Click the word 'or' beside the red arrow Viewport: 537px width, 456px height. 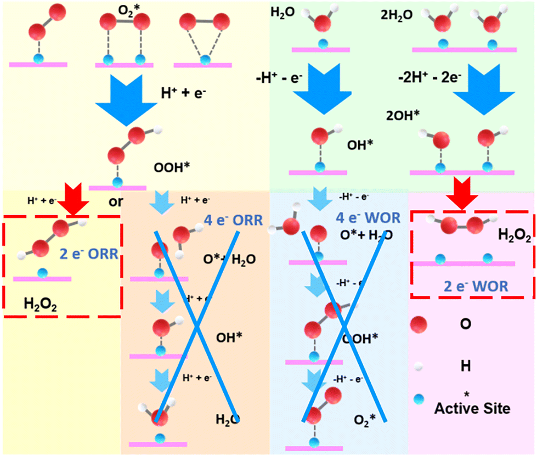pyautogui.click(x=116, y=202)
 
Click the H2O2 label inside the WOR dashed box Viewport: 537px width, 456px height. pyautogui.click(x=515, y=235)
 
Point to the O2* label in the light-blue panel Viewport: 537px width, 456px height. pyautogui.click(x=365, y=420)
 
